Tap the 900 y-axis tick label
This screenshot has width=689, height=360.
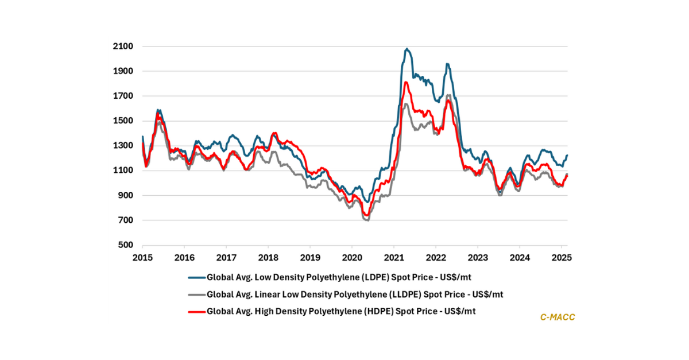(125, 196)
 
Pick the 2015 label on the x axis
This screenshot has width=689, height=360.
(142, 257)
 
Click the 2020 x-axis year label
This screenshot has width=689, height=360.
(351, 257)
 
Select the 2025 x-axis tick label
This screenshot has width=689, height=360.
(561, 257)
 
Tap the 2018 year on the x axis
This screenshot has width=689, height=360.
(268, 257)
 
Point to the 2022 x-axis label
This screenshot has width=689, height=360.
(435, 257)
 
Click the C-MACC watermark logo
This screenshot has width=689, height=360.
(558, 316)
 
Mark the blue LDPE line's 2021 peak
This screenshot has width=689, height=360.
(407, 49)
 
